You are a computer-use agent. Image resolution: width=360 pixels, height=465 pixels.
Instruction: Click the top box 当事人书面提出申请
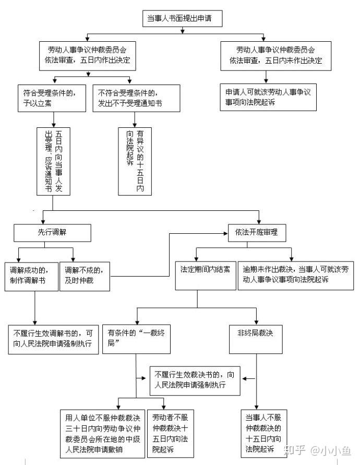[x=183, y=18]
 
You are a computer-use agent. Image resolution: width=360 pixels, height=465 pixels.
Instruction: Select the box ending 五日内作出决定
[x=88, y=56]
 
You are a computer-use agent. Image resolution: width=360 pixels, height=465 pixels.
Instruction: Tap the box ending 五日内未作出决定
[x=276, y=56]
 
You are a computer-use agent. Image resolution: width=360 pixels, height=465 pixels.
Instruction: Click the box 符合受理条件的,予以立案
[x=52, y=98]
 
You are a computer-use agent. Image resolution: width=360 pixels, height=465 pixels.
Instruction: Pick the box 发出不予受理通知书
[x=136, y=98]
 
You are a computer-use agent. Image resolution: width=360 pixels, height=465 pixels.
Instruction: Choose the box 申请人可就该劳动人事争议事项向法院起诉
[x=268, y=97]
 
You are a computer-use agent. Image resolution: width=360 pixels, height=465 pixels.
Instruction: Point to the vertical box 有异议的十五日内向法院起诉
[x=135, y=161]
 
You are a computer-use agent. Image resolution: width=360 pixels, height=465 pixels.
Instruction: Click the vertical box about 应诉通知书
[x=53, y=161]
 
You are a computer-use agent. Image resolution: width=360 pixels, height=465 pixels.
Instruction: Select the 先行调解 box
[x=52, y=233]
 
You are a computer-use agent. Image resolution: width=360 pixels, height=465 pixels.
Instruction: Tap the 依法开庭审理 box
[x=257, y=233]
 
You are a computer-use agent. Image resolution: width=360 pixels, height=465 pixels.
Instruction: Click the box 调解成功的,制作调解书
[x=31, y=276]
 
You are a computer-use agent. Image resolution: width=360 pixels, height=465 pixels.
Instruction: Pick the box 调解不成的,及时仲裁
[x=85, y=276]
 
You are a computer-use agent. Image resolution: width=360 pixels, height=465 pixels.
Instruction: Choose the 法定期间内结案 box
[x=206, y=276]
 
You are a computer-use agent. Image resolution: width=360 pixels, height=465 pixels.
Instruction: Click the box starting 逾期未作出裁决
[x=296, y=276]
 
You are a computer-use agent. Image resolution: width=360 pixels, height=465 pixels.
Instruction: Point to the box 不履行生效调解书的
[x=53, y=339]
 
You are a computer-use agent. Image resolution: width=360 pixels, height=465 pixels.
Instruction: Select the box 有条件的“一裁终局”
[x=136, y=339]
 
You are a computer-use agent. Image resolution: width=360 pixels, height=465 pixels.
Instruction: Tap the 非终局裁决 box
[x=256, y=339]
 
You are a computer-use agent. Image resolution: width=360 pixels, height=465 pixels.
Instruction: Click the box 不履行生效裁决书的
[x=195, y=381]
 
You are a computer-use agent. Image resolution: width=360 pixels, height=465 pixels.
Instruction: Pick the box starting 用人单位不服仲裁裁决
[x=103, y=434]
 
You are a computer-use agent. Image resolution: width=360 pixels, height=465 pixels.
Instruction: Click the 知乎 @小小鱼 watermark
[x=317, y=450]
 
